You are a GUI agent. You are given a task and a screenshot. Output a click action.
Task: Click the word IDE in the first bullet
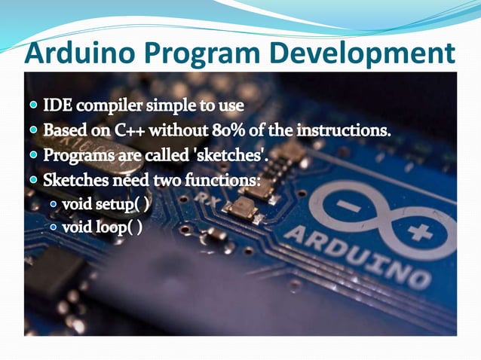point(57,105)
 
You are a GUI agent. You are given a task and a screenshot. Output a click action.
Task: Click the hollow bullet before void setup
point(54,204)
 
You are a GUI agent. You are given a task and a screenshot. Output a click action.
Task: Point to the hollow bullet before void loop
point(54,227)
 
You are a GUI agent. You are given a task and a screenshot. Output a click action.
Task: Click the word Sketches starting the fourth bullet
point(74,182)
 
